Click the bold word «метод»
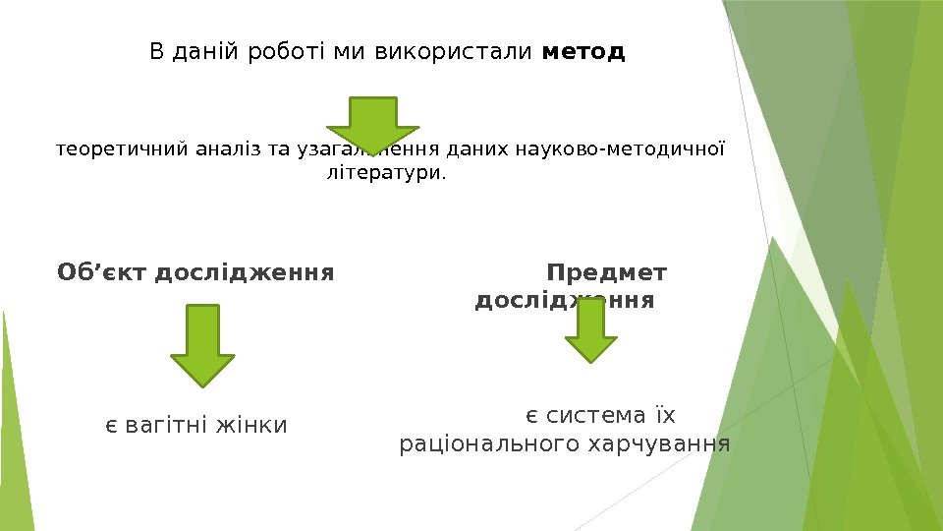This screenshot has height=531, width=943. tap(583, 51)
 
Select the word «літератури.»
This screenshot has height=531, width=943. tap(384, 174)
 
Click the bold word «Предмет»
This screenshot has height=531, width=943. tap(607, 271)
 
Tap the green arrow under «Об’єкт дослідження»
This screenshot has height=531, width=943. tap(202, 344)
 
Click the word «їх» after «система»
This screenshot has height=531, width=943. tap(666, 414)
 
